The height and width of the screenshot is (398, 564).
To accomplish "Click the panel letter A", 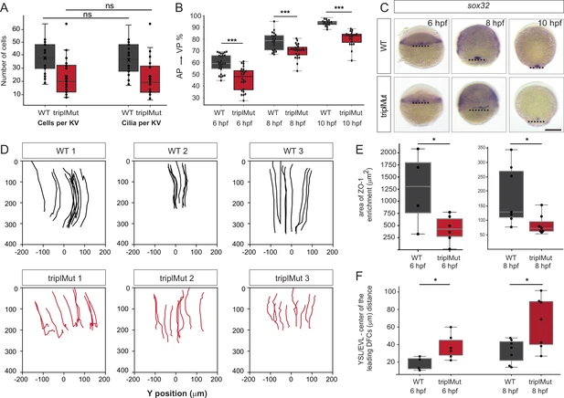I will tap(6, 7).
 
